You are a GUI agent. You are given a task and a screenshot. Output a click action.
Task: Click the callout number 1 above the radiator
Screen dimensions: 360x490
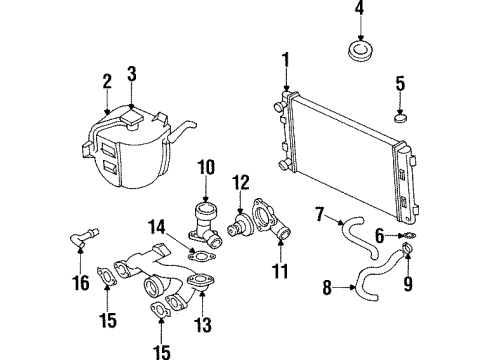pos(286,62)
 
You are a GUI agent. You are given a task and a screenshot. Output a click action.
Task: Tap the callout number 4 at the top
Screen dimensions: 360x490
pos(359,13)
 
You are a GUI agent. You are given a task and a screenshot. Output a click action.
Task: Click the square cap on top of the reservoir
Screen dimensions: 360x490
pos(132,118)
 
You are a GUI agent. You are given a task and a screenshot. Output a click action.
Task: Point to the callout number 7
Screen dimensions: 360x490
pos(320,211)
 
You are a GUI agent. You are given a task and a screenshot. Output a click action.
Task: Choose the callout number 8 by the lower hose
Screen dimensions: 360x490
pos(325,290)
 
